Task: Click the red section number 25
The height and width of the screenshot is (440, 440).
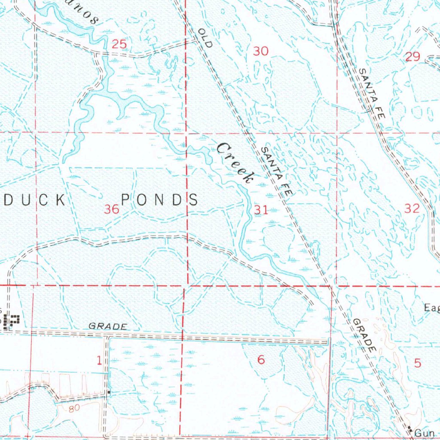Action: (x=119, y=44)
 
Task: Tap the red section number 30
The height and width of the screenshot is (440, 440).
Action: (x=260, y=52)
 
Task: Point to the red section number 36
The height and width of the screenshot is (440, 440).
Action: (x=112, y=209)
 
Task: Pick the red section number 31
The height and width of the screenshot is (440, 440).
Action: (x=260, y=210)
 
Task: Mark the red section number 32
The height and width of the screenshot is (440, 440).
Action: (x=412, y=209)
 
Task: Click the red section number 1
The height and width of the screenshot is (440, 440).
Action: (x=99, y=361)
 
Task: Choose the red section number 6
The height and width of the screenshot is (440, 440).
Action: (x=261, y=360)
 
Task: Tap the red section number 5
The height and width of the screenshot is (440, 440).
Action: (x=418, y=363)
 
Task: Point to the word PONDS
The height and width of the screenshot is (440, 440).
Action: (x=159, y=200)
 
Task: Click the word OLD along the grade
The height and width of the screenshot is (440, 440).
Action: (x=206, y=38)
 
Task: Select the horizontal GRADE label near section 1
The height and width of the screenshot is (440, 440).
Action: (x=107, y=327)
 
